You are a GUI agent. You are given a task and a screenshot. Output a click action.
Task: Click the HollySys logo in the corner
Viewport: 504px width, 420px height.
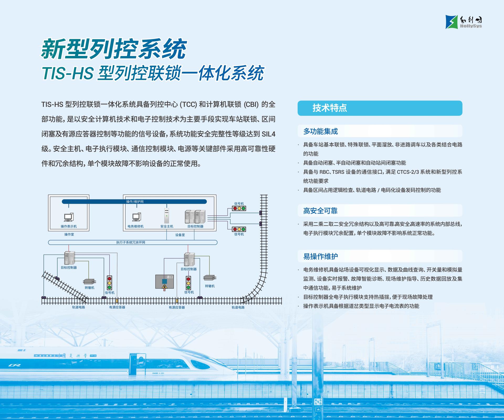coord(464,22)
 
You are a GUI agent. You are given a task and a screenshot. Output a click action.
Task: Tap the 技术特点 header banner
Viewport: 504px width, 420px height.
coord(380,108)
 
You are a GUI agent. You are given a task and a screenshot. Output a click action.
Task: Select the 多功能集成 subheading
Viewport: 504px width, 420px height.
coord(321,131)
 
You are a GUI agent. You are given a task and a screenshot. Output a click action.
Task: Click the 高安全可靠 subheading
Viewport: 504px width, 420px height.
coord(320,211)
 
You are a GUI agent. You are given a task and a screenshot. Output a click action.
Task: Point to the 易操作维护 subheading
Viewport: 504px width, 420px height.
coord(321,256)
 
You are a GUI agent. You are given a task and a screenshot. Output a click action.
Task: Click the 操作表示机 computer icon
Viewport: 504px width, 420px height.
coord(69,217)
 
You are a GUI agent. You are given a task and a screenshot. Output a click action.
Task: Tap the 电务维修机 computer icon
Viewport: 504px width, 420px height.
coord(136,217)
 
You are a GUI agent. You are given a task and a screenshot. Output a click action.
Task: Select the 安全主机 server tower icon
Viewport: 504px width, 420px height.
coord(166,216)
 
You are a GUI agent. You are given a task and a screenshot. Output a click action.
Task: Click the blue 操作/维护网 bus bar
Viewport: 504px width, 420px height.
coord(134,202)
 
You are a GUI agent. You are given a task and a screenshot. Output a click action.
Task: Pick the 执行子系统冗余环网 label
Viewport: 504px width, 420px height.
coord(131,242)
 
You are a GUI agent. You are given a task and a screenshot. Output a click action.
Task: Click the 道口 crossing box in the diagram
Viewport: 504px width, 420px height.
coord(164,281)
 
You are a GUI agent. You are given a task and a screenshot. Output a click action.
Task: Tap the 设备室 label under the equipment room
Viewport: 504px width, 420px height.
coord(180,235)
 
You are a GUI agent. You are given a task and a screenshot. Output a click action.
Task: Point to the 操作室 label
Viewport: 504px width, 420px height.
coord(69,234)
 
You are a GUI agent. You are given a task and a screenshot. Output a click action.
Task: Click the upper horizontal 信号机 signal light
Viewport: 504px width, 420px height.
coord(239,208)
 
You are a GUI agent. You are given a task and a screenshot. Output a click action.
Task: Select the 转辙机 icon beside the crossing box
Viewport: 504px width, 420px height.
coord(210,278)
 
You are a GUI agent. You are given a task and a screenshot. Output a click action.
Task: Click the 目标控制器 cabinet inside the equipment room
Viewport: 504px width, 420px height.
coord(195,217)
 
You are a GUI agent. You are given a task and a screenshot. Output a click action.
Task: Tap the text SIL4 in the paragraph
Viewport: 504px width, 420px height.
coord(269,134)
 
